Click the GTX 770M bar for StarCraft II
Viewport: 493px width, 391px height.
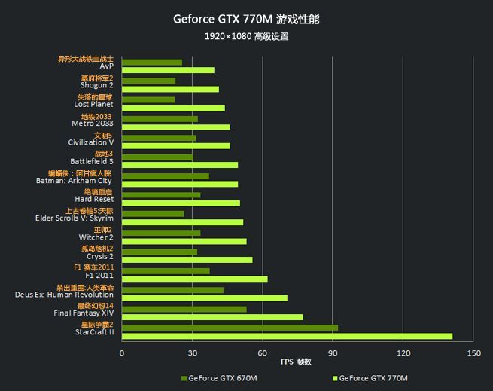(x=287, y=336)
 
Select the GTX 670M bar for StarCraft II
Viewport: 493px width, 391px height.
(x=230, y=328)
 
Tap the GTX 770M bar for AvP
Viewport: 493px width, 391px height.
(x=168, y=70)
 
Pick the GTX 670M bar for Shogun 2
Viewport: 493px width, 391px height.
(x=149, y=81)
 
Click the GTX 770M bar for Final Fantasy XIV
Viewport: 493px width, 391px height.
(x=212, y=317)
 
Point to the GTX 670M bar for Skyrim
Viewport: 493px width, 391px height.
(x=153, y=214)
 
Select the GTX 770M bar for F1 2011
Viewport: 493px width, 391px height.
(x=195, y=279)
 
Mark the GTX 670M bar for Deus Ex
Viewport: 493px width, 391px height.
(x=172, y=290)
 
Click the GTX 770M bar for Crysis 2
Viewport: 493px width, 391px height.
(x=187, y=260)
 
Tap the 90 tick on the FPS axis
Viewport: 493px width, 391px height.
(x=333, y=353)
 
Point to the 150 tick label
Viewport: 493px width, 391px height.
(x=474, y=353)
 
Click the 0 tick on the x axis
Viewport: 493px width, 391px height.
(x=122, y=353)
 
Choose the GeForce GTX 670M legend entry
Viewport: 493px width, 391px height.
(x=219, y=378)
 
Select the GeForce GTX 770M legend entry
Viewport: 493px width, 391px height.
(x=370, y=378)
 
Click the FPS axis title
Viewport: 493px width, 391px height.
(x=296, y=362)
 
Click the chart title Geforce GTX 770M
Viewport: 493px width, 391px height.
(x=223, y=19)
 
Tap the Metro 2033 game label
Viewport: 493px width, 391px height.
(x=93, y=123)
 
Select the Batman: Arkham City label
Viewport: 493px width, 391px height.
(x=74, y=181)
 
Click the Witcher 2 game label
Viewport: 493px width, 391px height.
(x=96, y=237)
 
